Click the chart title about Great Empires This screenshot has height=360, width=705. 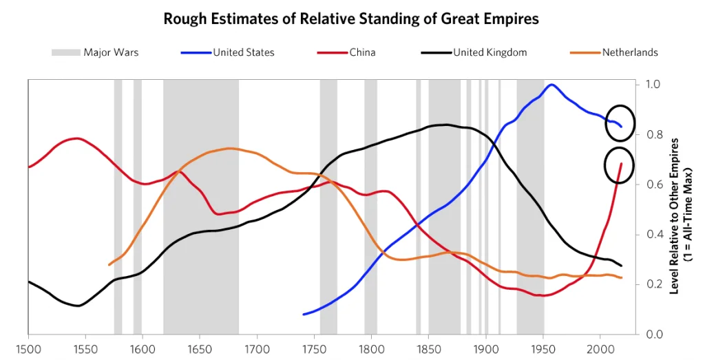click(351, 19)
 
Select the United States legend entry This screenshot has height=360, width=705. click(243, 52)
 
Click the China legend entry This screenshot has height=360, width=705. click(364, 52)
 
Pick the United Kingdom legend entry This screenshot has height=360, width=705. click(490, 52)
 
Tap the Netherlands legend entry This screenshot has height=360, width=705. click(629, 52)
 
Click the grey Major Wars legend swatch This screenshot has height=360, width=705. click(65, 52)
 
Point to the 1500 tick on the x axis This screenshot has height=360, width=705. click(28, 348)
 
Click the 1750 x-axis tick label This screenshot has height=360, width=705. click(314, 348)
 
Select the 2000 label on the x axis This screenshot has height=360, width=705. click(600, 348)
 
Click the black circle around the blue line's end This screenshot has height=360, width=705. click(620, 123)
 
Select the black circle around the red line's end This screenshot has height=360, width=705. click(620, 165)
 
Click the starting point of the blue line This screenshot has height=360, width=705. click(304, 314)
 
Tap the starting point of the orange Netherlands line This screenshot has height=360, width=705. click(109, 264)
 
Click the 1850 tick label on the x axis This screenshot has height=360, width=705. click(429, 348)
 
